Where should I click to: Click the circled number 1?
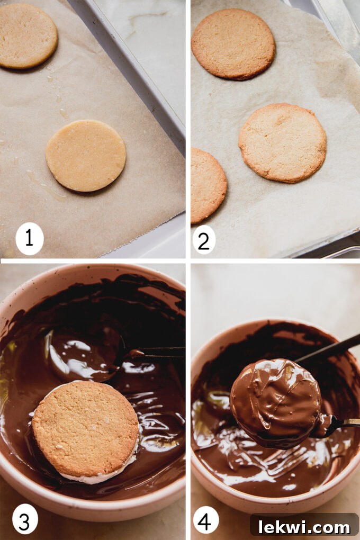click(29, 238)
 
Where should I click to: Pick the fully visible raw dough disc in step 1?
click(86, 155)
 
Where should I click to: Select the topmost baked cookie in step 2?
click(233, 44)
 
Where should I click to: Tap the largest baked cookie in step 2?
click(282, 142)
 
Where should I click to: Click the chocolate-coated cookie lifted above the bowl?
click(275, 400)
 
